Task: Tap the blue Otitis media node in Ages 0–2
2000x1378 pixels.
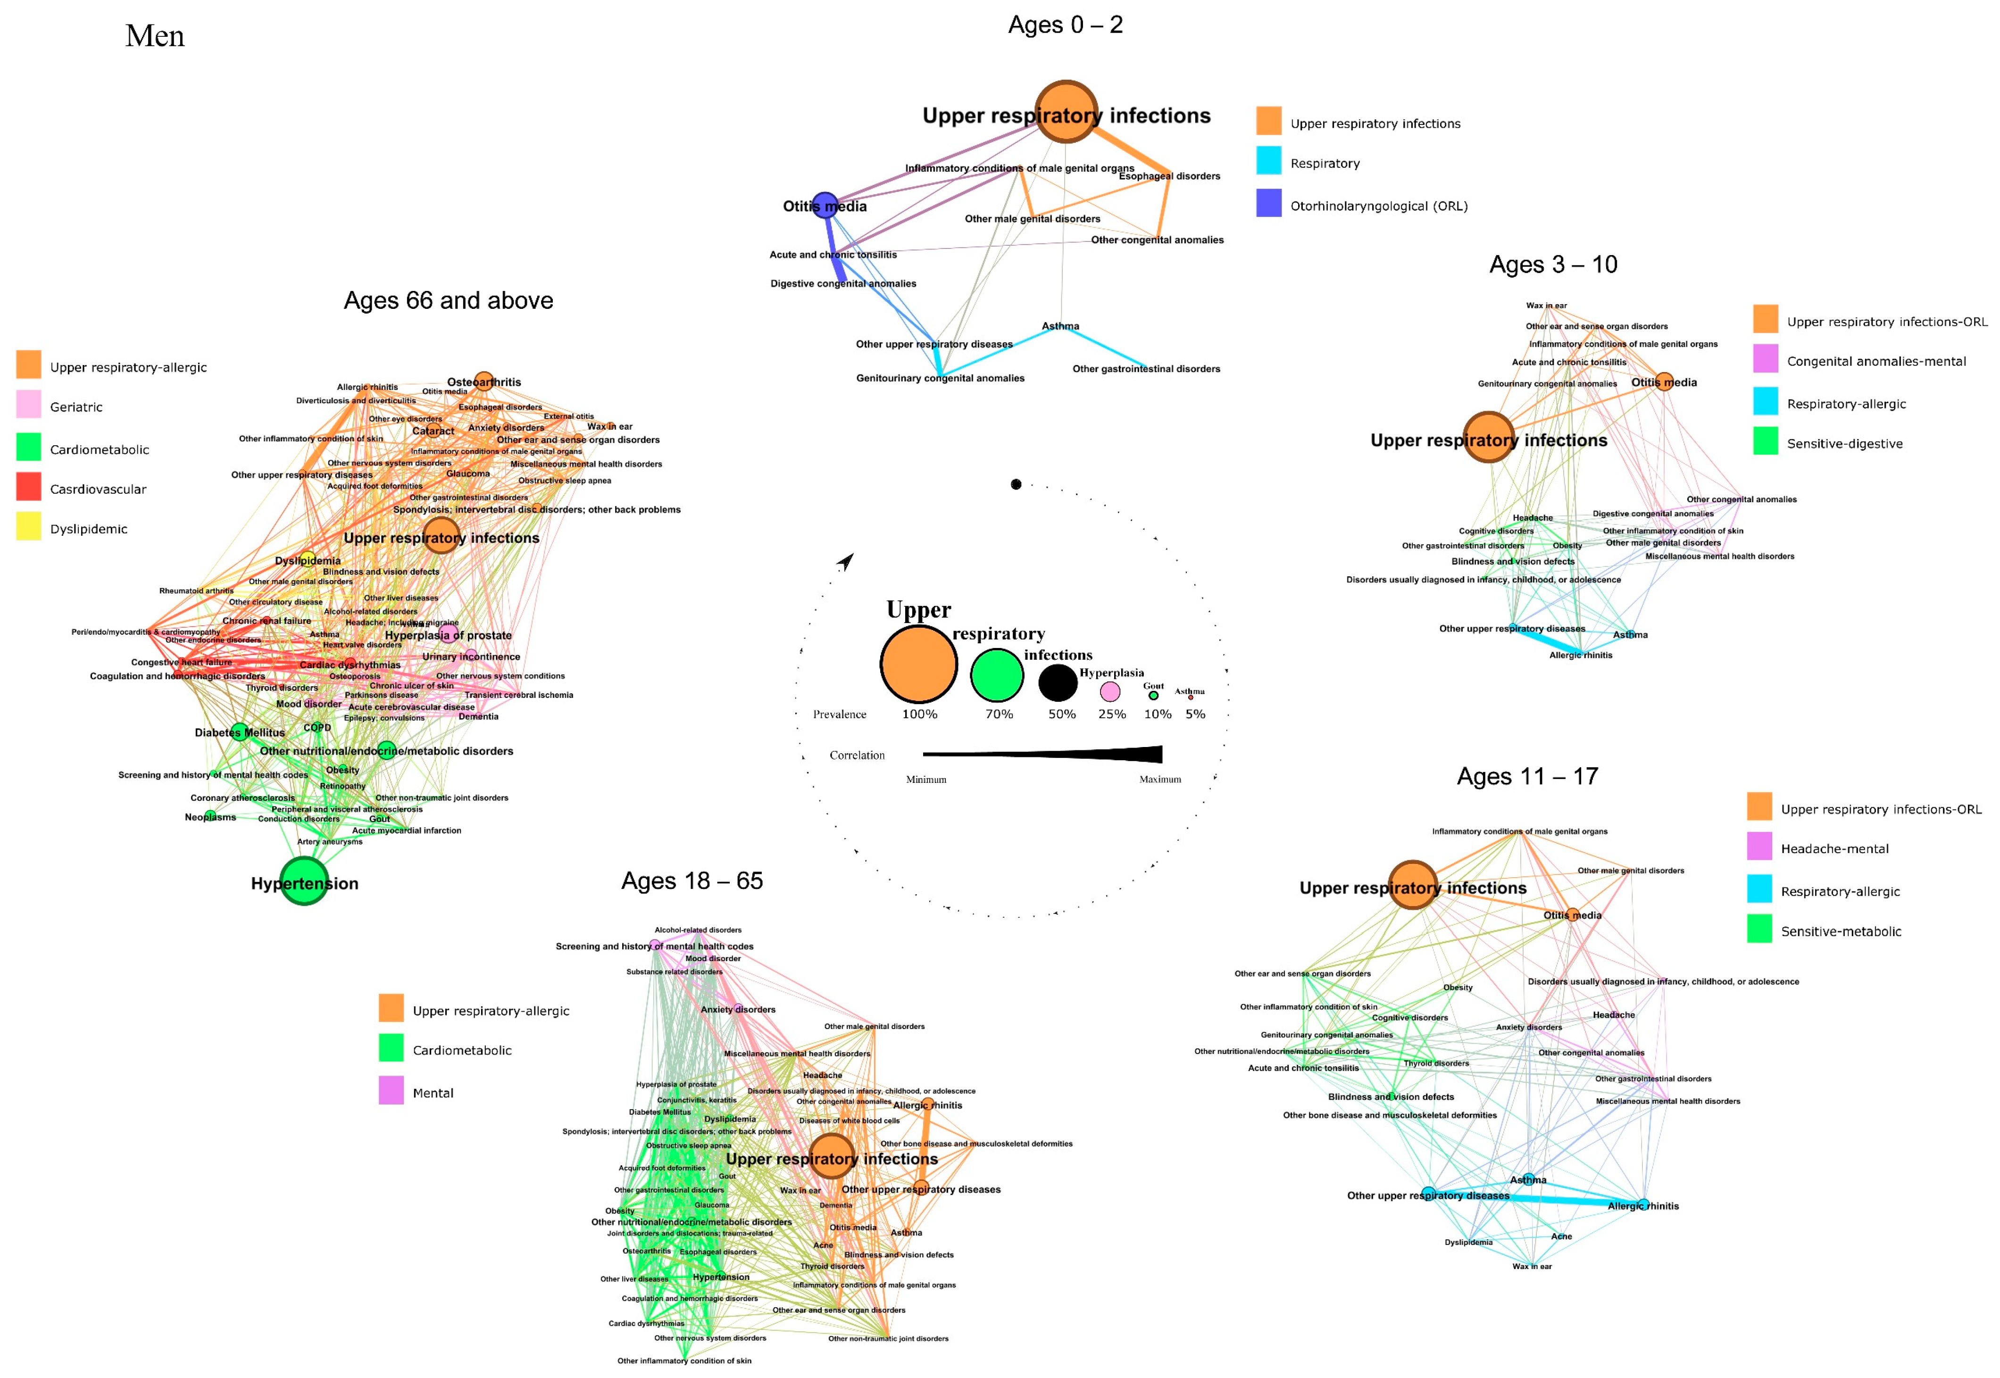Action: pos(825,206)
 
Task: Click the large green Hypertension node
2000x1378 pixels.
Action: pos(304,880)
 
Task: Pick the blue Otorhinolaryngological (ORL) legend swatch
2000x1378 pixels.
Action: pos(1268,204)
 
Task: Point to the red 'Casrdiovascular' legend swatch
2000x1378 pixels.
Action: pos(28,487)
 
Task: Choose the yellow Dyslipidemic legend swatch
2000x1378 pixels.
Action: pos(28,527)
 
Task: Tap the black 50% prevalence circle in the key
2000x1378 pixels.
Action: pos(1057,683)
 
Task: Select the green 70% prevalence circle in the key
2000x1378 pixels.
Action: pos(997,675)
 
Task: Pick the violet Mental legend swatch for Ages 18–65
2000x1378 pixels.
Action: pos(391,1090)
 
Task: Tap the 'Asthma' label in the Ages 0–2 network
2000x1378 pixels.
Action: pos(1059,326)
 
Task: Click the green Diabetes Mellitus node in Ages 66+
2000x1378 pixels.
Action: pos(240,731)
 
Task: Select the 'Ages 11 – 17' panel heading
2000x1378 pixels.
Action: pos(1527,776)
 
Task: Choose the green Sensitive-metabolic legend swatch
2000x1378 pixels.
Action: pos(1759,929)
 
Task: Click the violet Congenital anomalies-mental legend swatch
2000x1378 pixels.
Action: pos(1765,359)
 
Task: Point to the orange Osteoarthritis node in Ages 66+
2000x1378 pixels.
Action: pos(483,381)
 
